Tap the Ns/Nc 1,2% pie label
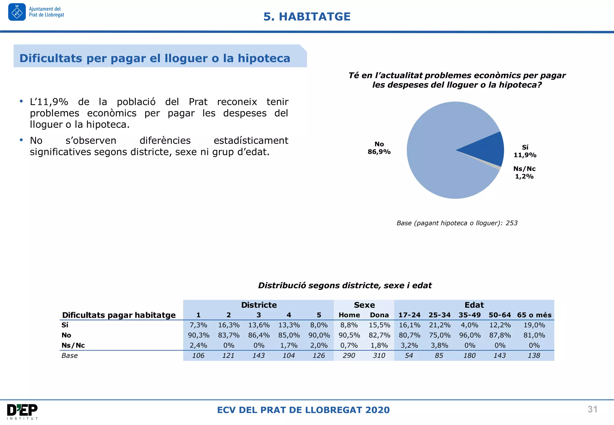[x=524, y=173]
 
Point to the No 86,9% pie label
[x=379, y=148]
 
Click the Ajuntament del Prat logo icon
[x=17, y=12]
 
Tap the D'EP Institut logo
[x=22, y=412]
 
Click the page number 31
[x=592, y=409]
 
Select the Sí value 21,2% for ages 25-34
[x=440, y=325]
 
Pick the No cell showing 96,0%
[x=470, y=335]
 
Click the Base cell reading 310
[x=379, y=356]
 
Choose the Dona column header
[x=379, y=315]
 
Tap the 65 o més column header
[x=534, y=315]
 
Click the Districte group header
[x=259, y=305]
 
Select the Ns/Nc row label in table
[x=73, y=346]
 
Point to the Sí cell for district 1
[x=198, y=325]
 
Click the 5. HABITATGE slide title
[x=307, y=16]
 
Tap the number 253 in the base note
[x=511, y=223]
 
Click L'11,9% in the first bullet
[x=49, y=102]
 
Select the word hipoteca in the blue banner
[x=264, y=58]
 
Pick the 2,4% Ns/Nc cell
[x=198, y=346]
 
